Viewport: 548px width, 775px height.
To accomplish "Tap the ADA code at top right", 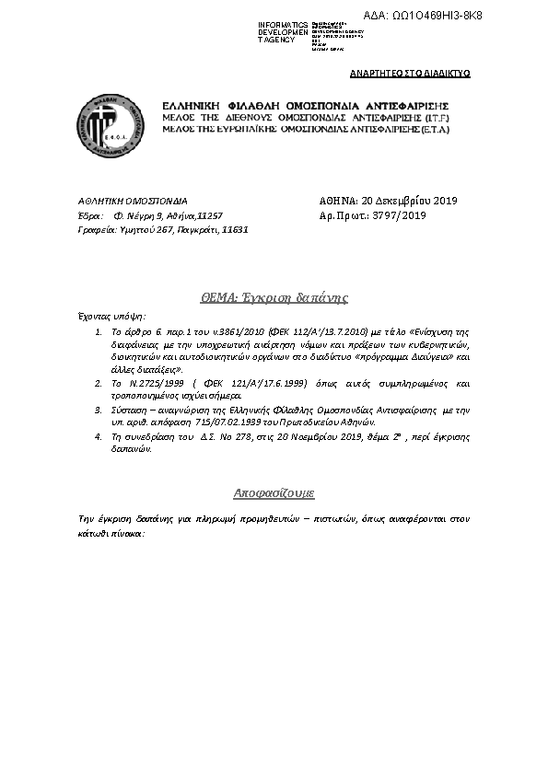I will pyautogui.click(x=449, y=16).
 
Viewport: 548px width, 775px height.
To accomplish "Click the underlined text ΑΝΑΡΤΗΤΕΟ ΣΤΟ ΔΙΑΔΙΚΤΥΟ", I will pyautogui.click(x=411, y=73).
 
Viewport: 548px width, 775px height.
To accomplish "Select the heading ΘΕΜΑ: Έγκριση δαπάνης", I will pyautogui.click(x=274, y=297).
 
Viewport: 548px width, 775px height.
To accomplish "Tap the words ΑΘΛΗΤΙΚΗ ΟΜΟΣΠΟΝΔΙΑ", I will pyautogui.click(x=133, y=201).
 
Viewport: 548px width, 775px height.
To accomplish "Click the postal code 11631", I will pyautogui.click(x=237, y=229).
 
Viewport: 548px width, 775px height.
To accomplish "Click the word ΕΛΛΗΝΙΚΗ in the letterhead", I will pyautogui.click(x=192, y=107).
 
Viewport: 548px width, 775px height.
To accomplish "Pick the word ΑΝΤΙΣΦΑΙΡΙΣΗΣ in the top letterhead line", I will pyautogui.click(x=402, y=107).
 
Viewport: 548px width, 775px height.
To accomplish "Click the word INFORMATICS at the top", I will pyautogui.click(x=283, y=22).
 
